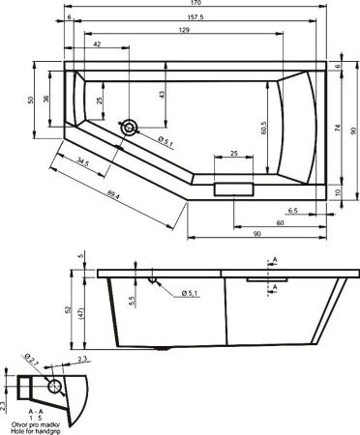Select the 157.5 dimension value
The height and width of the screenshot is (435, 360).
(197, 18)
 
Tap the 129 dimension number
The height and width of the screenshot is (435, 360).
(184, 32)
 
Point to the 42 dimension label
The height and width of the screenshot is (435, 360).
(99, 45)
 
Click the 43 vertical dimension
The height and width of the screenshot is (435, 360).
(162, 93)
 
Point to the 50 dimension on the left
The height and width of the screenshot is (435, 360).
(31, 101)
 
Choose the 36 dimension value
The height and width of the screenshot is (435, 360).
(46, 103)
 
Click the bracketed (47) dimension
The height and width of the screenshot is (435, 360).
(83, 313)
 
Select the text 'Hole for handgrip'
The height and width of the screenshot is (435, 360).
(37, 428)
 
